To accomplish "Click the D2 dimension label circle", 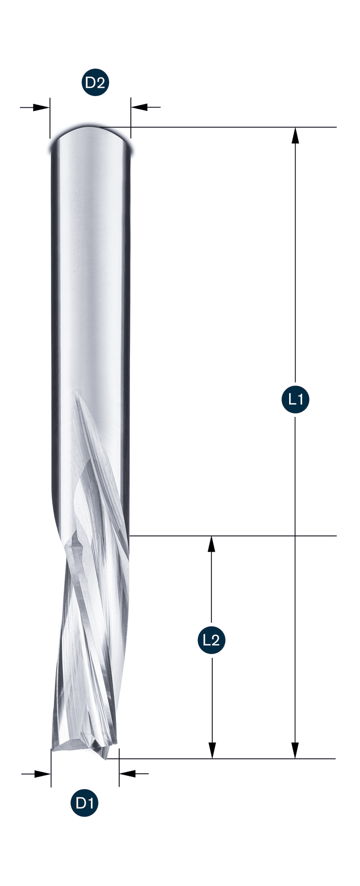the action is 95,82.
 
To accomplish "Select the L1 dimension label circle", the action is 296,399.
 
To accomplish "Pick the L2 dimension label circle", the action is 212,640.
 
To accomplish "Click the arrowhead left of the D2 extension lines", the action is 41,107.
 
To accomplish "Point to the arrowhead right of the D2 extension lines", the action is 140,107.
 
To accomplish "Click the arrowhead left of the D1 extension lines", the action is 43,774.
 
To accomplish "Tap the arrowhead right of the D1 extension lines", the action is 127,774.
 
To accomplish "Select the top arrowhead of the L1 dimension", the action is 296,135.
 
